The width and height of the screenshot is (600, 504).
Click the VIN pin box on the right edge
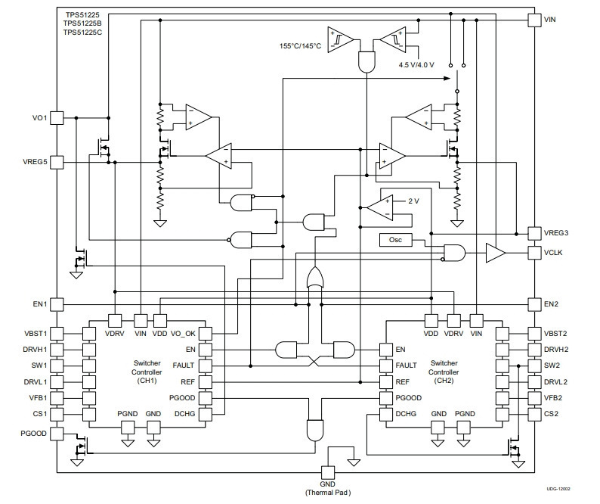534,20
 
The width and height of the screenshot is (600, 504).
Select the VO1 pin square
57,118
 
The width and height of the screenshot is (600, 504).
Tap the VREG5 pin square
57,163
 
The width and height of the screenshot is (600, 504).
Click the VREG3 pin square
534,233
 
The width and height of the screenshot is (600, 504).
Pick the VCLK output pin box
534,253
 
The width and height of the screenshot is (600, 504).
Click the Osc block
396,240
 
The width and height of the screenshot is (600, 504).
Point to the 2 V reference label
413,201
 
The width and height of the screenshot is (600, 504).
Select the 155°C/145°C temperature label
301,46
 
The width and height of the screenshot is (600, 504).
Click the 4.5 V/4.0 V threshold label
416,65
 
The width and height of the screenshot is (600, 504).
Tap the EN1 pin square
57,305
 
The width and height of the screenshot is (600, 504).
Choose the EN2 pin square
534,305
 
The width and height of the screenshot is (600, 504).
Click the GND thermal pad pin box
328,472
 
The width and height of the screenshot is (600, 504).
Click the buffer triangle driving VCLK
495,253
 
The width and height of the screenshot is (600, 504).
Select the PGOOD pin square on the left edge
57,434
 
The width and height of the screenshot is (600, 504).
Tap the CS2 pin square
534,414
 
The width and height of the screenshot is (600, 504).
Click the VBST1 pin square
57,334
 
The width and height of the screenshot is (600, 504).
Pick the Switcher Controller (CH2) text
444,372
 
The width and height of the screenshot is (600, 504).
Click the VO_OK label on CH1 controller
183,334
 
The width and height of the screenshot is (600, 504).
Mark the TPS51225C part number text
82,33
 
